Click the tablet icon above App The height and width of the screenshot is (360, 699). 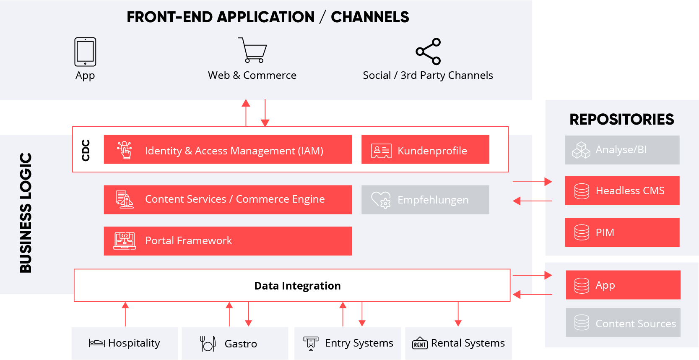85,52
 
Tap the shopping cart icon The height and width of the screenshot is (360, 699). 253,50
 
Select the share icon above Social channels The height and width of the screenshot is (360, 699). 428,52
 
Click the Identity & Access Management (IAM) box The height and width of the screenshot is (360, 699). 228,150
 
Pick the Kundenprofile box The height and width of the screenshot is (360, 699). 425,150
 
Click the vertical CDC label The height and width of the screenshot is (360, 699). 86,150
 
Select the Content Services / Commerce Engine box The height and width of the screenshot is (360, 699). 228,200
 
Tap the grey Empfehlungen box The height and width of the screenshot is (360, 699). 425,200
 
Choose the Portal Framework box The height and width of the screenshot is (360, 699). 228,241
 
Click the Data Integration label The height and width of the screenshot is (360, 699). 297,286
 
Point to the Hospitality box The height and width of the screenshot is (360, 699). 125,343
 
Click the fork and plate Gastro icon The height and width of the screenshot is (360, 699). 208,344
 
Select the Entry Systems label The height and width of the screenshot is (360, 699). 359,343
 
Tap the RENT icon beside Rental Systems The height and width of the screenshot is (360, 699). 420,343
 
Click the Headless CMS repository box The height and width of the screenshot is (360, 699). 622,190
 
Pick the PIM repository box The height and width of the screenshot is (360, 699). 622,232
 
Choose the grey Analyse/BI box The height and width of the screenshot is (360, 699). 622,150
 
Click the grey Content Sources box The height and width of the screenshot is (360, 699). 623,323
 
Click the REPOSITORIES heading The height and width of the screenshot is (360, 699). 621,120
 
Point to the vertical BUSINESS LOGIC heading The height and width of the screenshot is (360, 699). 26,213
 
